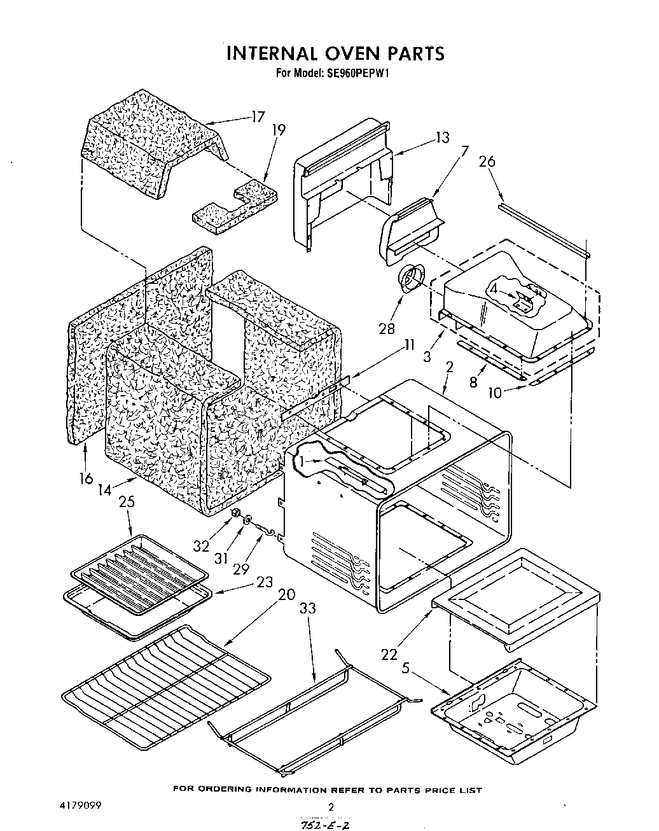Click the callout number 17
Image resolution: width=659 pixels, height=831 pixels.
tap(258, 116)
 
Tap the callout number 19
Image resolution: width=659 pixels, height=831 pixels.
tap(279, 130)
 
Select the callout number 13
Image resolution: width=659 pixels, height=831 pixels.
tap(442, 137)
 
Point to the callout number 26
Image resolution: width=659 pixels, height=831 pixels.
tap(487, 162)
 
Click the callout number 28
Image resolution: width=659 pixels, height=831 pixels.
tap(387, 328)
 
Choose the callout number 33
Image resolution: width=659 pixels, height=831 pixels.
tap(307, 608)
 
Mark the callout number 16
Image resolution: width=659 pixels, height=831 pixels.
tap(86, 478)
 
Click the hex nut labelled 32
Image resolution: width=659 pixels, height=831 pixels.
tap(236, 512)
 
